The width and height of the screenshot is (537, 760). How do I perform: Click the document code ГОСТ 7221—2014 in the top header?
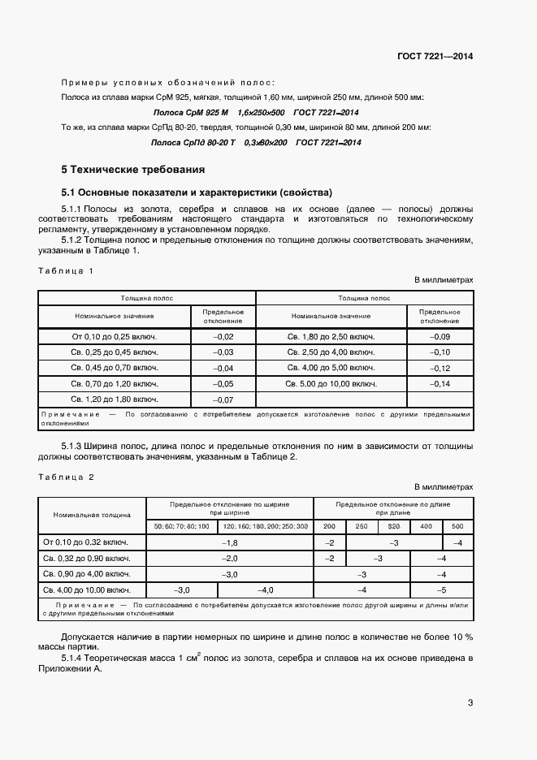pyautogui.click(x=435, y=57)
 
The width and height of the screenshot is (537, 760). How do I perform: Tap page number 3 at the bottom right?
pyautogui.click(x=470, y=703)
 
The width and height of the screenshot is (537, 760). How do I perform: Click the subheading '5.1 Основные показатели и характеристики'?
pyautogui.click(x=197, y=193)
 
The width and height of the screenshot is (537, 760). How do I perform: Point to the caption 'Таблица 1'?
pyautogui.click(x=67, y=270)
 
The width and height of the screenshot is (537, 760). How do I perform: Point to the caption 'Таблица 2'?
pyautogui.click(x=67, y=477)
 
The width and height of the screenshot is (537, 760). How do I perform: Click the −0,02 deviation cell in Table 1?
pyautogui.click(x=223, y=336)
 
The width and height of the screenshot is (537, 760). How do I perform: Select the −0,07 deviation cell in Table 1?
pyautogui.click(x=223, y=399)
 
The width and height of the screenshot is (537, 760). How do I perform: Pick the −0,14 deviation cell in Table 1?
pyautogui.click(x=439, y=383)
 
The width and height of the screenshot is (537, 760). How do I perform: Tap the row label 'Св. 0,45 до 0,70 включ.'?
pyautogui.click(x=115, y=368)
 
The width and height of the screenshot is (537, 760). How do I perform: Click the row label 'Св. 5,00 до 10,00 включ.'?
pyautogui.click(x=331, y=383)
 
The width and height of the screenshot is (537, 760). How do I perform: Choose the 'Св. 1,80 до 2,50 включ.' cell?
pyautogui.click(x=331, y=336)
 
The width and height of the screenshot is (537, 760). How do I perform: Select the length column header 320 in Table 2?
pyautogui.click(x=394, y=527)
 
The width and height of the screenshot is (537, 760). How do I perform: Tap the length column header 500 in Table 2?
pyautogui.click(x=457, y=527)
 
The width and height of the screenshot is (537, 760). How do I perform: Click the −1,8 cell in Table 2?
pyautogui.click(x=229, y=542)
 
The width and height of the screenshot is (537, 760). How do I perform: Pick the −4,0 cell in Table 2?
pyautogui.click(x=266, y=590)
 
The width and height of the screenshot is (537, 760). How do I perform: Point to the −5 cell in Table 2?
pyautogui.click(x=441, y=590)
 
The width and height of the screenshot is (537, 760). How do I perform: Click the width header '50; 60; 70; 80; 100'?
pyautogui.click(x=181, y=527)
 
